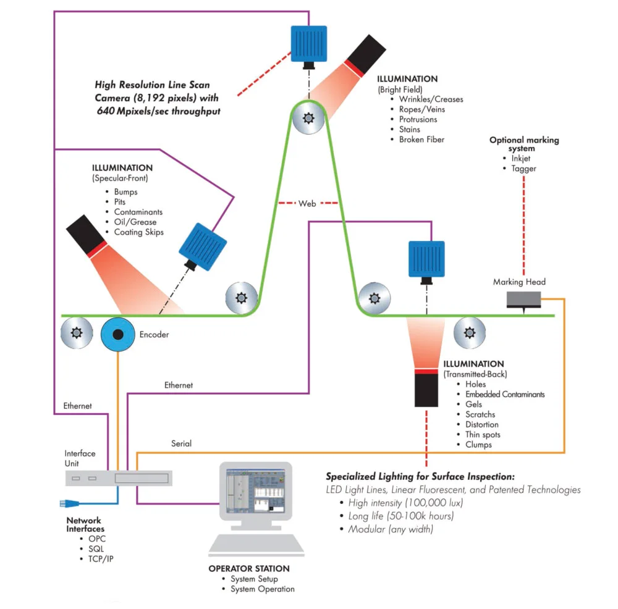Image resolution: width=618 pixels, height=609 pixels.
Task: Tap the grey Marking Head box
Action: [523, 299]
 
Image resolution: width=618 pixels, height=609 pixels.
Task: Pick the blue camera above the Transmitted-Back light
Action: [426, 260]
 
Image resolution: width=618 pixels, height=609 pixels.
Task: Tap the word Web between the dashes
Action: [307, 203]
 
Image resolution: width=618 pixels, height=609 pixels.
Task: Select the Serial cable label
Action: [181, 443]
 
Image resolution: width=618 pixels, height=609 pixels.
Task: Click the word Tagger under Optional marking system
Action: [524, 169]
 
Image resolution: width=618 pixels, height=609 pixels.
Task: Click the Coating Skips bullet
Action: [139, 232]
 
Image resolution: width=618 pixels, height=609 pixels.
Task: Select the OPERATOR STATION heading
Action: [248, 568]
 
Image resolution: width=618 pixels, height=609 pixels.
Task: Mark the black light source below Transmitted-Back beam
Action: [426, 390]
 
